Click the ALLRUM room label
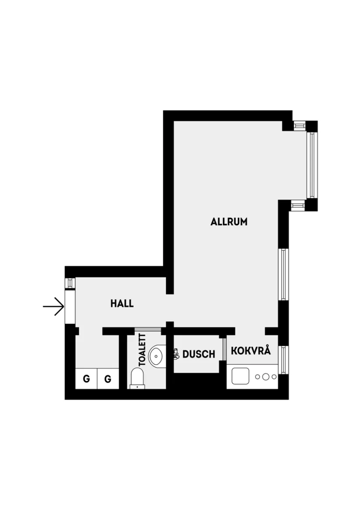[x=229, y=222]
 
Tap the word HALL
[x=122, y=303]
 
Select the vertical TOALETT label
[x=142, y=350]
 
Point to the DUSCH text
[x=199, y=354]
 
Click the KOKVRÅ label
[x=251, y=351]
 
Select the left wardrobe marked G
[x=86, y=378]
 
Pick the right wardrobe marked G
[x=108, y=378]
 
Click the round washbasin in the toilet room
[x=156, y=356]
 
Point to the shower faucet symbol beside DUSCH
[x=177, y=353]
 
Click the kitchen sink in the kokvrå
[x=240, y=376]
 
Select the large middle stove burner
[x=265, y=376]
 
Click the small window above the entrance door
[x=70, y=283]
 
